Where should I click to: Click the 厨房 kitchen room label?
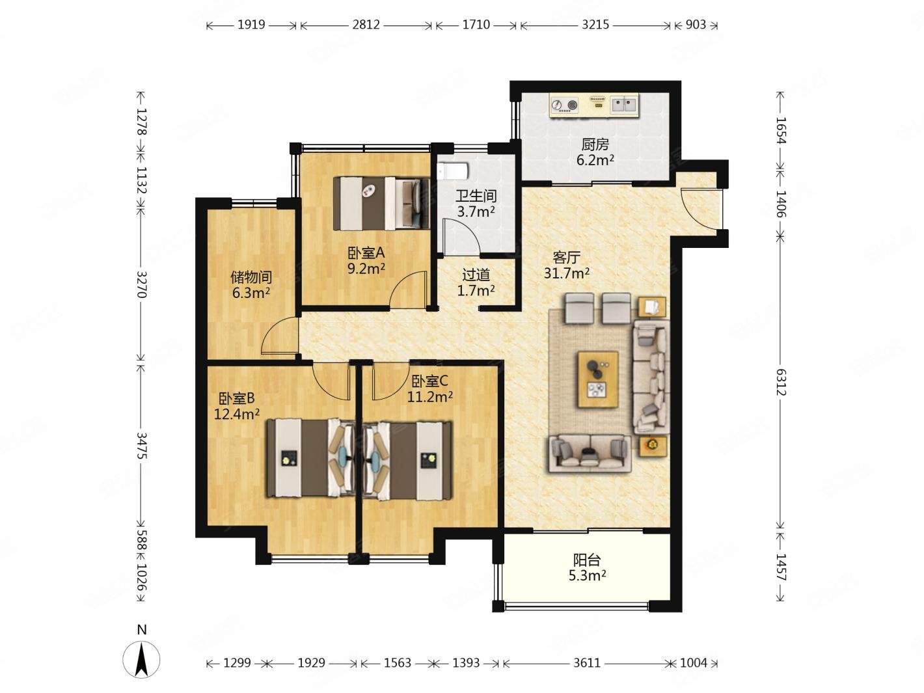[x=595, y=144]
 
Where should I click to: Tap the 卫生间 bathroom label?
[x=476, y=196]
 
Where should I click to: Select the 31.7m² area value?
[x=566, y=273]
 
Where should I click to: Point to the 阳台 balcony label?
[x=587, y=560]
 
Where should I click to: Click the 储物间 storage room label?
[x=251, y=277]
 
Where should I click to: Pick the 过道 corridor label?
[x=476, y=275]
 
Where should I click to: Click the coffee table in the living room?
[x=598, y=379]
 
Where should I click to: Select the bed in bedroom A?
[x=381, y=204]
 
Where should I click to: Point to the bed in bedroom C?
[x=407, y=460]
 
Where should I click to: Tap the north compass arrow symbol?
[x=141, y=659]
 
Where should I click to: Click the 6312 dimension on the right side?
[x=780, y=382]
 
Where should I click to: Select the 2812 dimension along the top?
[x=366, y=25]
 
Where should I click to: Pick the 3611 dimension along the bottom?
[x=587, y=663]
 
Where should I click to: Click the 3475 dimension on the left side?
[x=141, y=446]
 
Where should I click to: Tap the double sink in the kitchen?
[x=624, y=104]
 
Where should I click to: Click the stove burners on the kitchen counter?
[x=565, y=105]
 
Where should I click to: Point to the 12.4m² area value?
[x=237, y=414]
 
